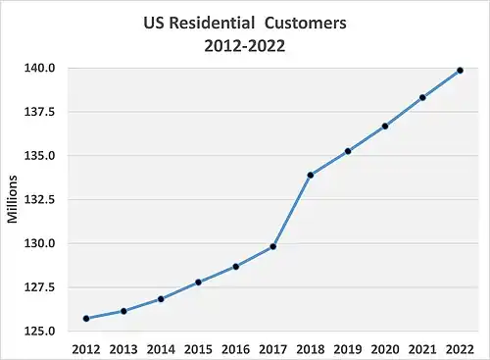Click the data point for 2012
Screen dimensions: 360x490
coord(86,318)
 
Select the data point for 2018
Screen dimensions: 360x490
coord(311,175)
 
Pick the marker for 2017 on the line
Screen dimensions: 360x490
coord(273,246)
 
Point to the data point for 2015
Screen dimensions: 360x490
coord(198,283)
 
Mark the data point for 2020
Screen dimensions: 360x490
coord(385,126)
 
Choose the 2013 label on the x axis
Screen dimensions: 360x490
coord(123,347)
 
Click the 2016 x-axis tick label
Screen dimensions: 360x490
coord(235,347)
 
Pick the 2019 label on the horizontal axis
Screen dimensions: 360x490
coord(348,347)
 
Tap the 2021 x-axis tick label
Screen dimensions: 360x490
coord(422,347)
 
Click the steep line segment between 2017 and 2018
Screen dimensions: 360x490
coord(292,211)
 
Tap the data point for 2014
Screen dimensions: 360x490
coord(161,299)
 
